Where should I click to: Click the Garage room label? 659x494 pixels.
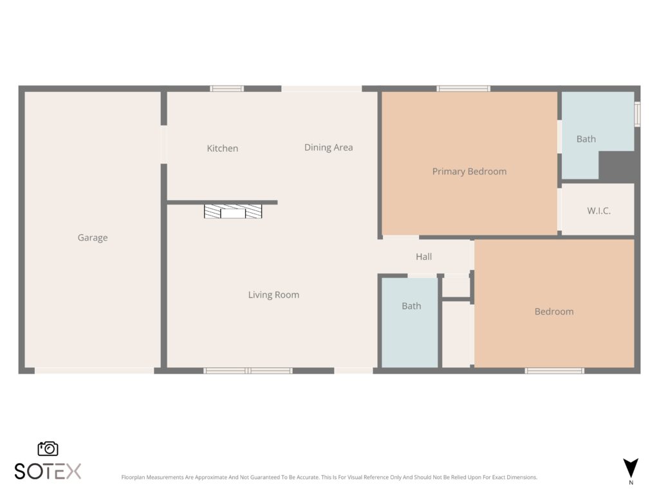pyautogui.click(x=93, y=238)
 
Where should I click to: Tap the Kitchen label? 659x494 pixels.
pyautogui.click(x=222, y=149)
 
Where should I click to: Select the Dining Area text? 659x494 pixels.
pyautogui.click(x=329, y=147)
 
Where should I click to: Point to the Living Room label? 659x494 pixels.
pyautogui.click(x=274, y=295)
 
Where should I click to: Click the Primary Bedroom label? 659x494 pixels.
pyautogui.click(x=469, y=171)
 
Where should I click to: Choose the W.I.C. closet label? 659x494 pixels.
pyautogui.click(x=599, y=211)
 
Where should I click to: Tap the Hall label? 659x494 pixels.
pyautogui.click(x=423, y=257)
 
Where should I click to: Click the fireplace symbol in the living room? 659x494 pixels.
pyautogui.click(x=233, y=211)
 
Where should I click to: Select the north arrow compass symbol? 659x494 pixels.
pyautogui.click(x=631, y=468)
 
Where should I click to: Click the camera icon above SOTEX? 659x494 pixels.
pyautogui.click(x=48, y=448)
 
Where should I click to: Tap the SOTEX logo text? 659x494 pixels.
pyautogui.click(x=48, y=471)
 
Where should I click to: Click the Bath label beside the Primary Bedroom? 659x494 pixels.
pyautogui.click(x=586, y=139)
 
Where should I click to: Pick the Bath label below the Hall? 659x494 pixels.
pyautogui.click(x=411, y=306)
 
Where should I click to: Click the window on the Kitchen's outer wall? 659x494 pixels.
pyautogui.click(x=227, y=89)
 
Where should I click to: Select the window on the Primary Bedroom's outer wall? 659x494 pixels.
pyautogui.click(x=463, y=89)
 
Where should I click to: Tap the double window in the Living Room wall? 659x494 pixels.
pyautogui.click(x=248, y=370)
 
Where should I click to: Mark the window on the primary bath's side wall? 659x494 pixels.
pyautogui.click(x=637, y=114)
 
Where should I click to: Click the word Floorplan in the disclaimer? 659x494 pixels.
pyautogui.click(x=133, y=477)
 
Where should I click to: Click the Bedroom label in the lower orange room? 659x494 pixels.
pyautogui.click(x=554, y=312)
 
